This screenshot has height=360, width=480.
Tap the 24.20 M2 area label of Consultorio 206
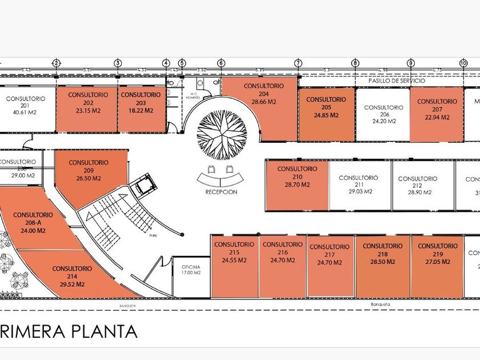(x=383, y=122)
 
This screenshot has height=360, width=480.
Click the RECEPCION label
(x=221, y=192)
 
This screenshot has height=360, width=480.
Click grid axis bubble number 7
(x=298, y=63)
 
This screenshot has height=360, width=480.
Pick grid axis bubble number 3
(x=117, y=63)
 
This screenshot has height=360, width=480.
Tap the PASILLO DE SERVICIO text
(x=397, y=81)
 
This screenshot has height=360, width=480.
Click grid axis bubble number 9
(x=410, y=63)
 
